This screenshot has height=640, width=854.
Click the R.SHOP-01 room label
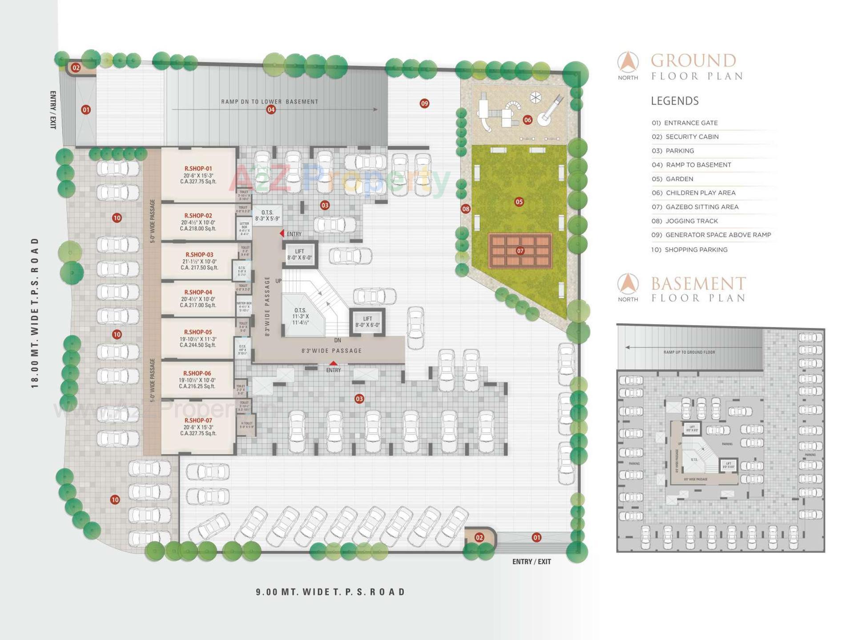(x=198, y=175)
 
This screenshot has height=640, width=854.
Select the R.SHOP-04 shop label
(x=198, y=298)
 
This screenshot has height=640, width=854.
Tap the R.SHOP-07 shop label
(x=198, y=426)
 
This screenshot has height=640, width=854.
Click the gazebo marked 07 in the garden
(x=520, y=251)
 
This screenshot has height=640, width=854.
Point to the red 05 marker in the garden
(x=519, y=202)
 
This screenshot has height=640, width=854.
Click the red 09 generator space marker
(x=424, y=104)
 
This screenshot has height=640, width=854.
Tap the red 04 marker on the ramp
(x=271, y=109)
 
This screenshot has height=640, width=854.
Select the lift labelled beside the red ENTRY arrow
(x=300, y=255)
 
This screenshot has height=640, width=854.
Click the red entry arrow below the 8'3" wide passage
(x=333, y=364)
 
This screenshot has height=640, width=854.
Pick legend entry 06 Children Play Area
(x=700, y=193)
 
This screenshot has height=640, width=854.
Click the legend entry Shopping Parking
(x=689, y=250)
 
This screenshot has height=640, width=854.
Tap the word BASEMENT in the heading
(x=698, y=284)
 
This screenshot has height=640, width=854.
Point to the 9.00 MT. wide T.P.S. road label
(x=330, y=592)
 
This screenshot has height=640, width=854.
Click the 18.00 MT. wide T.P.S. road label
(x=35, y=313)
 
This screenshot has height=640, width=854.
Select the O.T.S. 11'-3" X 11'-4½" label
(x=300, y=316)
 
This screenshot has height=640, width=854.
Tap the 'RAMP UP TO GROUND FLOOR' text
(x=689, y=352)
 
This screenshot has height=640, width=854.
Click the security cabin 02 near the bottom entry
(x=479, y=537)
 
